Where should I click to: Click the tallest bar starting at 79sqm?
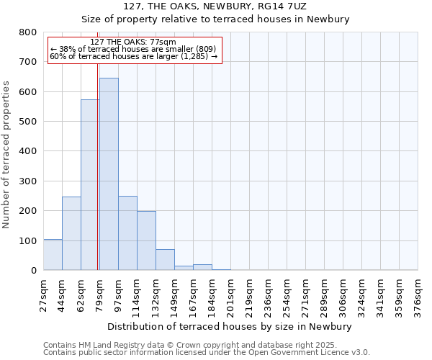[x=109, y=174]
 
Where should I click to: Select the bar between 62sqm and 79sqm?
[x=90, y=184]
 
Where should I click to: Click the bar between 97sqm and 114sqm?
[x=127, y=233]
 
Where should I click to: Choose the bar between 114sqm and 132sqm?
[x=146, y=240]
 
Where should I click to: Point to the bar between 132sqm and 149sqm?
[x=165, y=259]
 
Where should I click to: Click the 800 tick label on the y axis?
[x=28, y=32]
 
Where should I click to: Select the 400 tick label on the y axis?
[x=28, y=151]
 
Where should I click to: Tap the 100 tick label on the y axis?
[x=28, y=240]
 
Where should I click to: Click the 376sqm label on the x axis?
[x=418, y=293]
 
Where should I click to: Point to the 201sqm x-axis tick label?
[x=231, y=293]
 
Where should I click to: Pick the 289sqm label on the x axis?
[x=325, y=293]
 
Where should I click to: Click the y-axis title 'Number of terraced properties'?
[x=7, y=154]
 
